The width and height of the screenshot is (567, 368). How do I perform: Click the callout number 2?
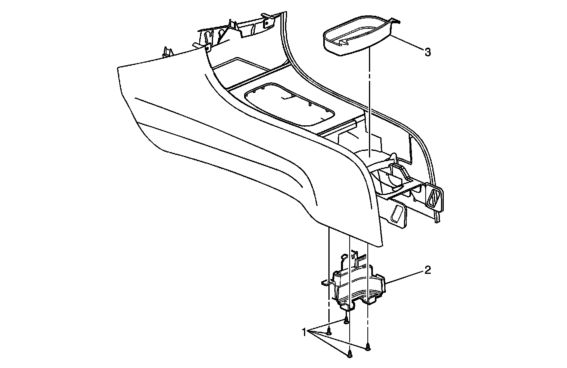pos(428,271)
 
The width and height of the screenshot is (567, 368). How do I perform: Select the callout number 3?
pos(428,52)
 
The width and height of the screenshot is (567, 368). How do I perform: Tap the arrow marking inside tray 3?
pos(346,39)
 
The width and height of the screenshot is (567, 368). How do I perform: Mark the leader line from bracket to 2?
pos(406,277)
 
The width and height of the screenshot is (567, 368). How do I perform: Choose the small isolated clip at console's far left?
pos(167,52)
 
